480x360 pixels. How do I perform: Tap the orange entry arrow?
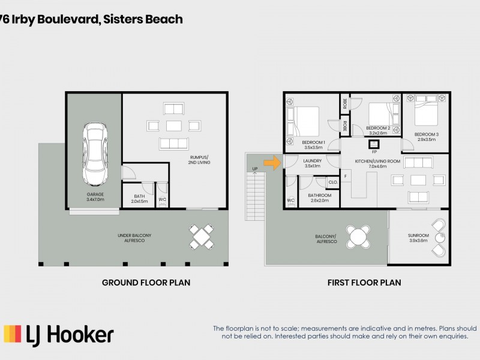[273, 162]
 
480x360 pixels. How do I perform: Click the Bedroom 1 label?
[313, 145]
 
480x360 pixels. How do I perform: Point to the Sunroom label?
[418, 238]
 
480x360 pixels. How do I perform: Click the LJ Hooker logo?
[59, 334]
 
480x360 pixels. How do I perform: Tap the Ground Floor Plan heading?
[146, 282]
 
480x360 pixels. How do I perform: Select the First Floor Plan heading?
[364, 282]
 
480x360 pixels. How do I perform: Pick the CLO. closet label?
[332, 182]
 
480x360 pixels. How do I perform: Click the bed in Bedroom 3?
[426, 112]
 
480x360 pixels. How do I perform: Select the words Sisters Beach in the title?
[143, 19]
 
